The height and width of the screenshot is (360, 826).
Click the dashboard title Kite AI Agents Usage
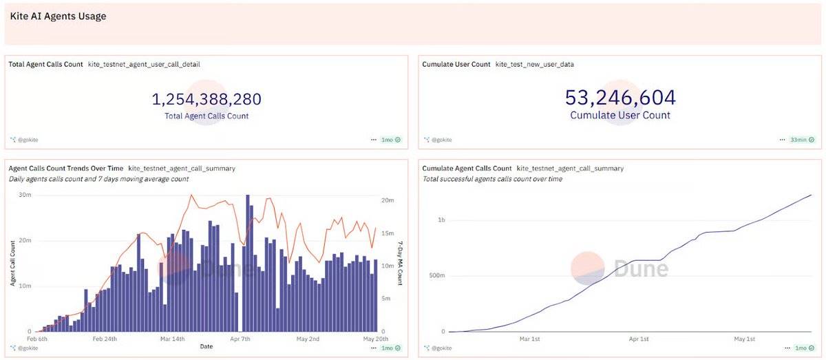pos(58,16)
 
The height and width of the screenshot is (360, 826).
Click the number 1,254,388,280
pos(206,99)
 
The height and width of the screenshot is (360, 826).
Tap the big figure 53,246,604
pos(620,98)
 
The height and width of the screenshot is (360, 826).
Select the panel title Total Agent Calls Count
pos(45,64)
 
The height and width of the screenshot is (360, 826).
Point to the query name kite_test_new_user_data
pos(534,64)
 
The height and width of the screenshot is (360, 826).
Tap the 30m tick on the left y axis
pos(25,195)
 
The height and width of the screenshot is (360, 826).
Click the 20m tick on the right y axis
pos(388,200)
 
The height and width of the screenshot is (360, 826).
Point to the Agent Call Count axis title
pos(12,264)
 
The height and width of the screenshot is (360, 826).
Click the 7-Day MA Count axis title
pos(400,263)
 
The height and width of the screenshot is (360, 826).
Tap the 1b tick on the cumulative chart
pos(441,220)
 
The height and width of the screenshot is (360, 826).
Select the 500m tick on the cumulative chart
pos(436,276)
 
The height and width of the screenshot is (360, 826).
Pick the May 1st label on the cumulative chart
pos(745,339)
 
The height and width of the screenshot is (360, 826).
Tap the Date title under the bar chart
pos(206,346)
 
